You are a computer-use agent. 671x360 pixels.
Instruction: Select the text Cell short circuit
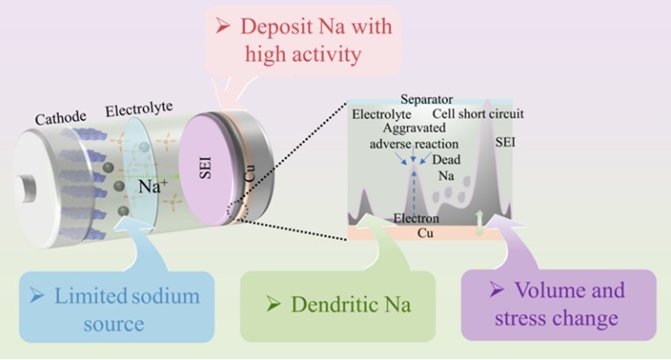pos(478,114)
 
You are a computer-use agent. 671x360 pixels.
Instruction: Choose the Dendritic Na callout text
pos(350,303)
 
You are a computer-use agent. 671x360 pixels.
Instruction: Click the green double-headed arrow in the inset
pos(479,220)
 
